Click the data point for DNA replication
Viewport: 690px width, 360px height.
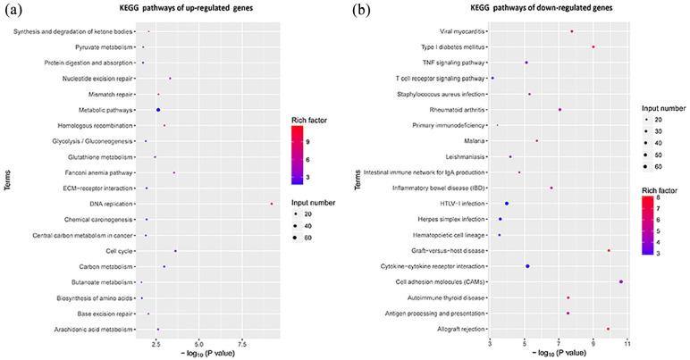pyautogui.click(x=272, y=204)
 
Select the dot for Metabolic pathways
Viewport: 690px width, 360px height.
pyautogui.click(x=158, y=110)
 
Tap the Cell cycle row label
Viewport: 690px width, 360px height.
pyautogui.click(x=118, y=251)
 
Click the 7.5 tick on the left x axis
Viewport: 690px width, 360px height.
pyautogui.click(x=241, y=342)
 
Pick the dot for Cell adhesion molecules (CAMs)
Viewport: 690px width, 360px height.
pyautogui.click(x=621, y=281)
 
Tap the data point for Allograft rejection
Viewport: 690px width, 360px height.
pyautogui.click(x=608, y=329)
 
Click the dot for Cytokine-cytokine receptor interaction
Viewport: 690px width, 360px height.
pyautogui.click(x=527, y=266)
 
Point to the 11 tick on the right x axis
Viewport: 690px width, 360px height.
pyautogui.click(x=627, y=342)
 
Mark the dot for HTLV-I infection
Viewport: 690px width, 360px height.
pyautogui.click(x=506, y=204)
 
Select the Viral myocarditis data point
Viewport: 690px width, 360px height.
pyautogui.click(x=572, y=31)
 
